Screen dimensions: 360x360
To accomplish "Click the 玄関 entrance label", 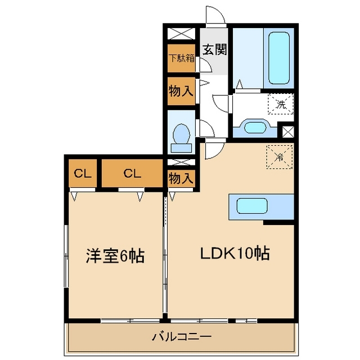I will click(x=214, y=49).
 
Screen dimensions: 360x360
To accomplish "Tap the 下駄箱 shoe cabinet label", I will click(x=182, y=58).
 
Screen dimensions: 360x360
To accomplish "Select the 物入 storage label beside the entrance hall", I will click(x=182, y=91).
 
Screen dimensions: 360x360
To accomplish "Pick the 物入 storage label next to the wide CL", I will click(x=182, y=178).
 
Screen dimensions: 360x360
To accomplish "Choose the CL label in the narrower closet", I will click(x=83, y=173).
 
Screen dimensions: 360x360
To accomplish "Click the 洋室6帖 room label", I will click(x=115, y=256).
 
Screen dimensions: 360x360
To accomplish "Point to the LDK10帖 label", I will click(x=236, y=254).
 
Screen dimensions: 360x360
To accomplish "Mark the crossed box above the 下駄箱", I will click(x=182, y=34).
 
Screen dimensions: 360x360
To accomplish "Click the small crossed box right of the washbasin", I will click(x=288, y=133).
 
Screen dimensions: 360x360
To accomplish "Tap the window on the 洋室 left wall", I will click(x=66, y=256).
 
